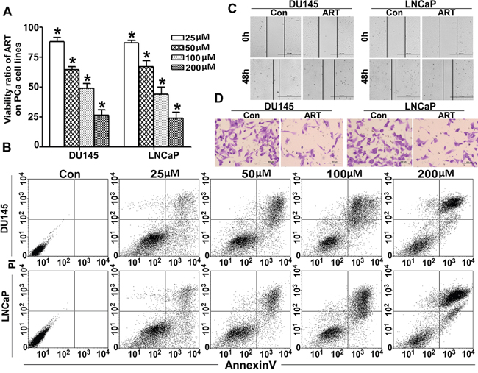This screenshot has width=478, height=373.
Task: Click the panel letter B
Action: tap(6, 148)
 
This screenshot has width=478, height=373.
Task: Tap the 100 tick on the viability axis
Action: tap(41, 27)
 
